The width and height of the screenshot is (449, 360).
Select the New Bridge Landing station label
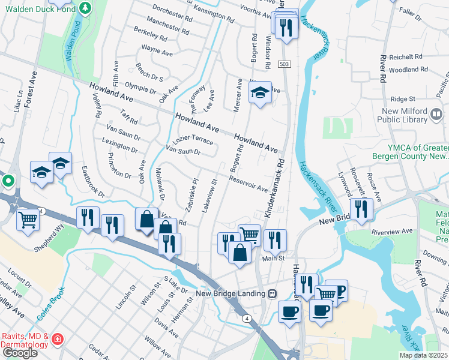coord(231,293)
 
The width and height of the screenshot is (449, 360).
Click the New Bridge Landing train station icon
coord(273,293)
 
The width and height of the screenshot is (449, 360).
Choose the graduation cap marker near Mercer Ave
coord(260,93)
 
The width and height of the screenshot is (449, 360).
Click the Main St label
coord(273,259)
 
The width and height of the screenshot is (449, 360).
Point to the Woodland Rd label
coord(408,70)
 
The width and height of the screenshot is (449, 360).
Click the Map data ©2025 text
coord(423,355)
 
